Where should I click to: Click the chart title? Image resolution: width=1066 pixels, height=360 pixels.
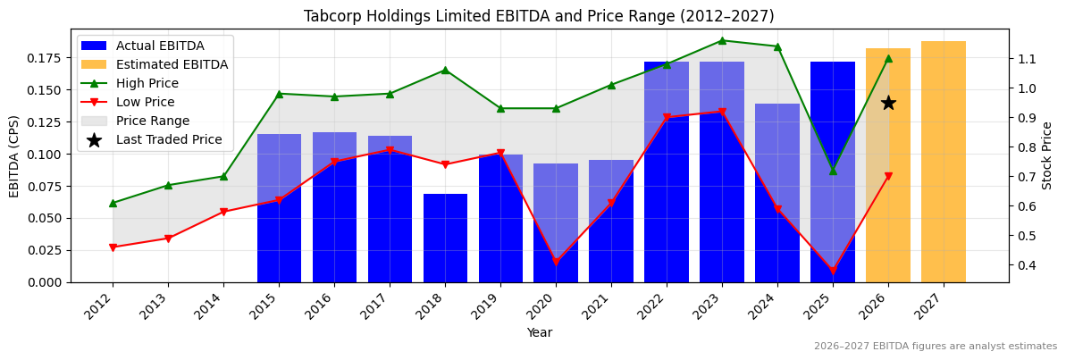point(539,16)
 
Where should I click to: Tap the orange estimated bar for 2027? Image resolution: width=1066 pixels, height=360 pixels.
point(944,161)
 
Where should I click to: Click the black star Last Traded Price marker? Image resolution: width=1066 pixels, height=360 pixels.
point(888,103)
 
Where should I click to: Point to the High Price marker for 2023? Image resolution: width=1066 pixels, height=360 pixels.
point(722,40)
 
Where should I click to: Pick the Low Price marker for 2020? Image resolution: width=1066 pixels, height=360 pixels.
point(556,263)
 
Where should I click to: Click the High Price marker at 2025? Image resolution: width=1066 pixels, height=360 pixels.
point(833,171)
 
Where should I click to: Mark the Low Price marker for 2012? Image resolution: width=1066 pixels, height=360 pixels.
point(113,247)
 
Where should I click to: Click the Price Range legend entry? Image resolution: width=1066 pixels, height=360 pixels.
point(156,121)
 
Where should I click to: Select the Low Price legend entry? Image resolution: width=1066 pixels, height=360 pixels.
point(149,102)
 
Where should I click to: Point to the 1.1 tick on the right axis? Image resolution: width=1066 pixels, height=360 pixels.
point(1026,59)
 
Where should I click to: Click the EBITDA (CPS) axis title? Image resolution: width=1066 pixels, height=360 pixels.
point(14,155)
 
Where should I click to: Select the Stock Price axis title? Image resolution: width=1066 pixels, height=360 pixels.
point(1047,155)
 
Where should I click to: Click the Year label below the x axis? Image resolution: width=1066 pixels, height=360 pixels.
point(539,332)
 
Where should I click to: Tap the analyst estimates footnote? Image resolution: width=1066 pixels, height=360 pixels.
point(935,347)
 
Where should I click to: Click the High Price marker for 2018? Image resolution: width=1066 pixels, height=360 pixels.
point(445,70)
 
